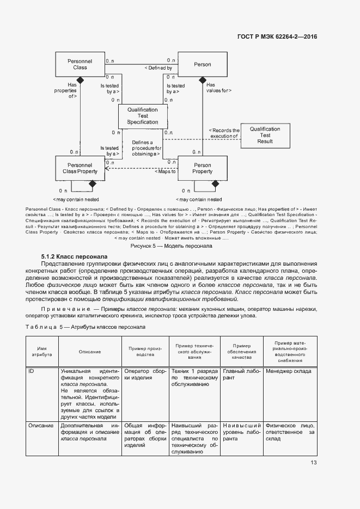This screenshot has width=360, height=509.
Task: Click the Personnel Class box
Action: [x=80, y=64]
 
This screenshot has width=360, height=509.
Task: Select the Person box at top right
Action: [x=203, y=64]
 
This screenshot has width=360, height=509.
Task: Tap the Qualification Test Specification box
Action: [x=142, y=116]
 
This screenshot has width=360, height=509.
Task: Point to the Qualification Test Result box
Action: [x=265, y=135]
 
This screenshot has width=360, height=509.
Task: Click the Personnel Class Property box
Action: [x=80, y=168]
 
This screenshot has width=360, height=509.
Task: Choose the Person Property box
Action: [x=203, y=168]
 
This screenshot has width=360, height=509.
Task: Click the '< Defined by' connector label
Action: [x=158, y=68]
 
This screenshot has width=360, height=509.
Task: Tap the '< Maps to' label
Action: [x=166, y=172]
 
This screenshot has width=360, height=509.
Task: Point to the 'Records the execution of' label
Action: [x=224, y=134]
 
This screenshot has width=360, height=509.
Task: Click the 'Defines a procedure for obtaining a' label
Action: [x=147, y=148]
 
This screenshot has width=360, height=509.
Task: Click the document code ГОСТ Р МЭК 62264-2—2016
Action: [x=277, y=37]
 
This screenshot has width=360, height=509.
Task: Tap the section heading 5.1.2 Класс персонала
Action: [x=74, y=256]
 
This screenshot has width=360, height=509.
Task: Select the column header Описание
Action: [x=90, y=352]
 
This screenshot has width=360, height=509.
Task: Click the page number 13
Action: [x=314, y=463]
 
